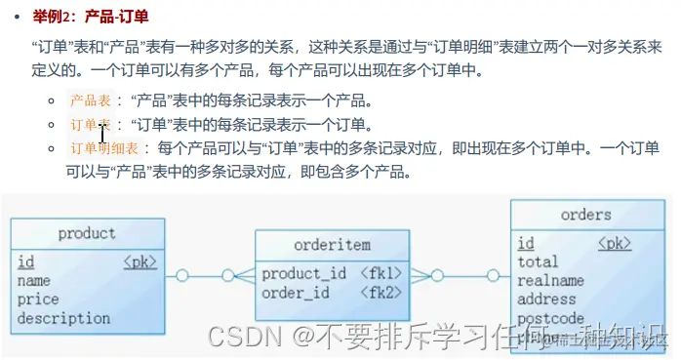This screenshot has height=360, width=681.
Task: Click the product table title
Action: coord(86,233)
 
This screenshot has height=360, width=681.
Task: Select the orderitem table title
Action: coord(332,245)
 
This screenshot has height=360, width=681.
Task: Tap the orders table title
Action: coord(585,215)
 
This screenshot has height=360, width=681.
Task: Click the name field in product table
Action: coord(34,281)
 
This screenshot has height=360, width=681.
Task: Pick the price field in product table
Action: coord(38,300)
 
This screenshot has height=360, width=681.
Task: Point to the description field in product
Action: coord(63,318)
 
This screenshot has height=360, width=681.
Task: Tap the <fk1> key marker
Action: coord(381,273)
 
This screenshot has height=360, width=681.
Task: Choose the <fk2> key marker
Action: coord(381,292)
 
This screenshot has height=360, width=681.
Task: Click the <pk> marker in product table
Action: coord(140,261)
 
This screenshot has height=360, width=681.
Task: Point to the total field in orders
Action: coord(538,261)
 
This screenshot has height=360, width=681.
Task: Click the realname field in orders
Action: coord(550,280)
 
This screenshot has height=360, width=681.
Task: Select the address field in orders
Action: coord(546,299)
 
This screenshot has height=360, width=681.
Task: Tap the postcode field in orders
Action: coord(550,318)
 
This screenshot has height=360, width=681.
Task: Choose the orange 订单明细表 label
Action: coord(106,148)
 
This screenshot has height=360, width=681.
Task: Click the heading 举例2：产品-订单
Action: coord(86,18)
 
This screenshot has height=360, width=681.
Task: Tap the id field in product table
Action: coord(26,261)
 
